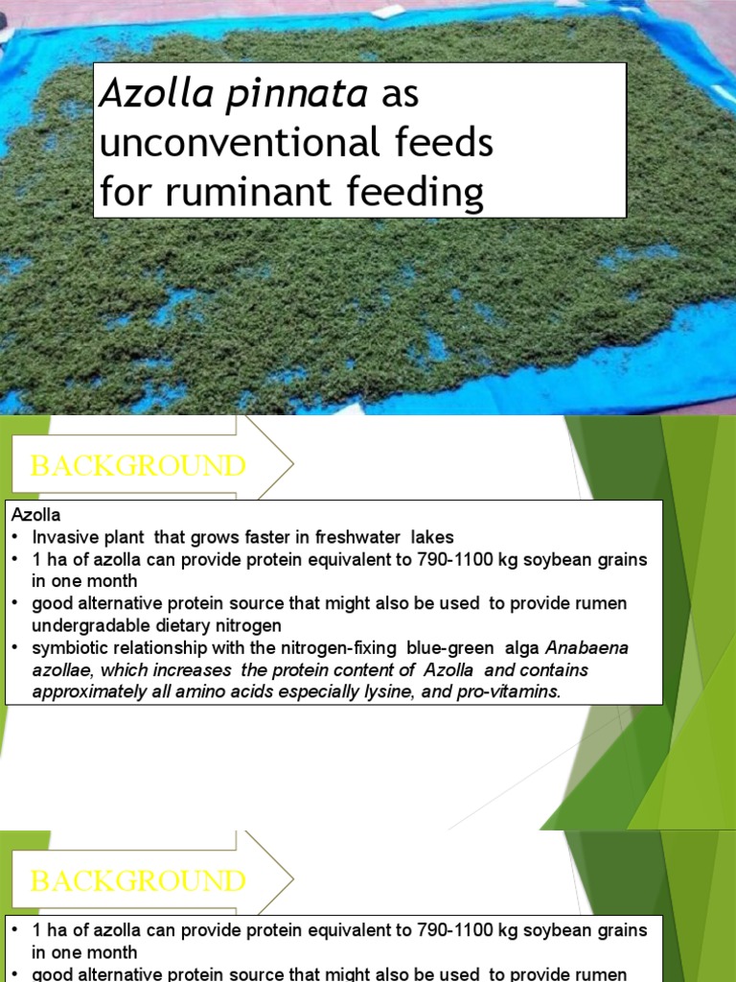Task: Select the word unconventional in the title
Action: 227,144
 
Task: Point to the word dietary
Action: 188,625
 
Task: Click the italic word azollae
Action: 60,669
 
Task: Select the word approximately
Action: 81,691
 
